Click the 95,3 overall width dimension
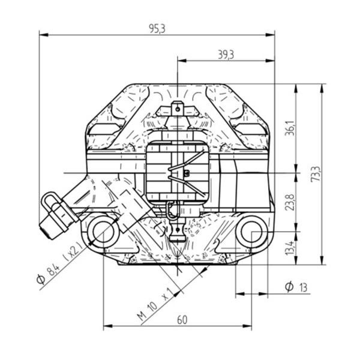coord(157,28)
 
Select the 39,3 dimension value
coord(226,55)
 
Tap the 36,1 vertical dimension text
coord(290,128)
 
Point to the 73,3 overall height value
coord(316,174)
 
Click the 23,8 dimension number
coord(290,202)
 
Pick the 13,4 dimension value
coord(290,248)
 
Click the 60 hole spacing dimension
coord(182,320)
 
